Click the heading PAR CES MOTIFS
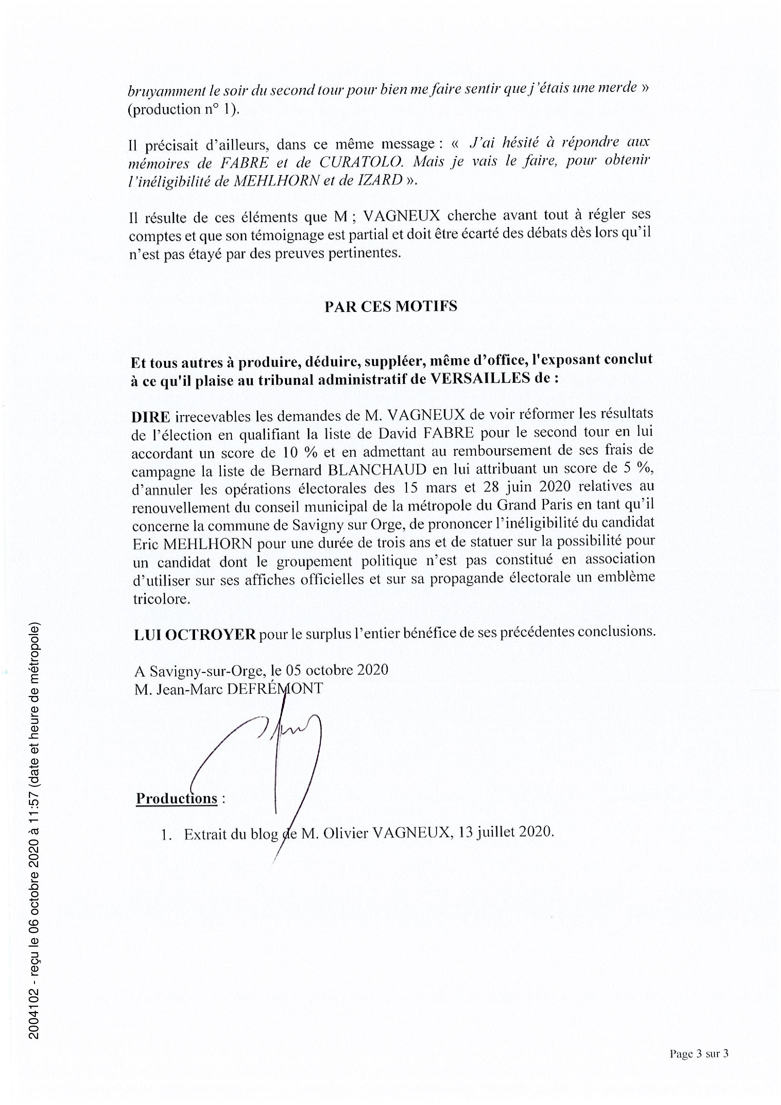point(391,306)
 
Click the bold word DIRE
point(150,417)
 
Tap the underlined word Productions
point(177,799)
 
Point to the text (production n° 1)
point(183,110)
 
